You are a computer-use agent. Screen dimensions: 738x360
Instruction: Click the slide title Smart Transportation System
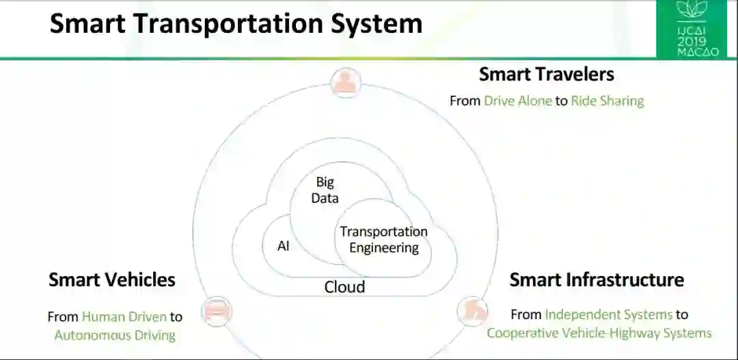point(236,24)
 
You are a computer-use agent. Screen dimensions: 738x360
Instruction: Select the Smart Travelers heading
point(546,74)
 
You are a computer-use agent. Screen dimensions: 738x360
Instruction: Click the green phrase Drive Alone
point(517,101)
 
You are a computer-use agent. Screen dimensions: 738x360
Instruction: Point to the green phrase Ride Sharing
point(607,101)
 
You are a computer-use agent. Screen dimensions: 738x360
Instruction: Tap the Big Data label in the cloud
point(325,190)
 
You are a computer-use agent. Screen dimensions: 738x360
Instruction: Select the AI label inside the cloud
point(283,246)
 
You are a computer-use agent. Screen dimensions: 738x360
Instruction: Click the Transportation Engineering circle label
point(383,240)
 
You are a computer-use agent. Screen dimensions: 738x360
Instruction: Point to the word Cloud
point(344,287)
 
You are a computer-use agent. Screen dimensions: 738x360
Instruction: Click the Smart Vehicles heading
point(112,279)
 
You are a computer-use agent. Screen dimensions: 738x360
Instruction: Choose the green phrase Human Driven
point(124,317)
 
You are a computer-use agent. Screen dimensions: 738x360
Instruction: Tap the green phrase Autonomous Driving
point(115,335)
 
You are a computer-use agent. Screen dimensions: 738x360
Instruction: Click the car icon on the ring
point(217,311)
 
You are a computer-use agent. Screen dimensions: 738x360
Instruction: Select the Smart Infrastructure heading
point(597,279)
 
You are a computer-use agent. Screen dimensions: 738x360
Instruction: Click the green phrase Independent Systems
point(609,315)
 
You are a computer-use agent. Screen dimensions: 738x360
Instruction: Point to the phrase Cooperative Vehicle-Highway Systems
point(599,333)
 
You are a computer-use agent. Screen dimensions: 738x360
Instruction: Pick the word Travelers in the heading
point(575,74)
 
